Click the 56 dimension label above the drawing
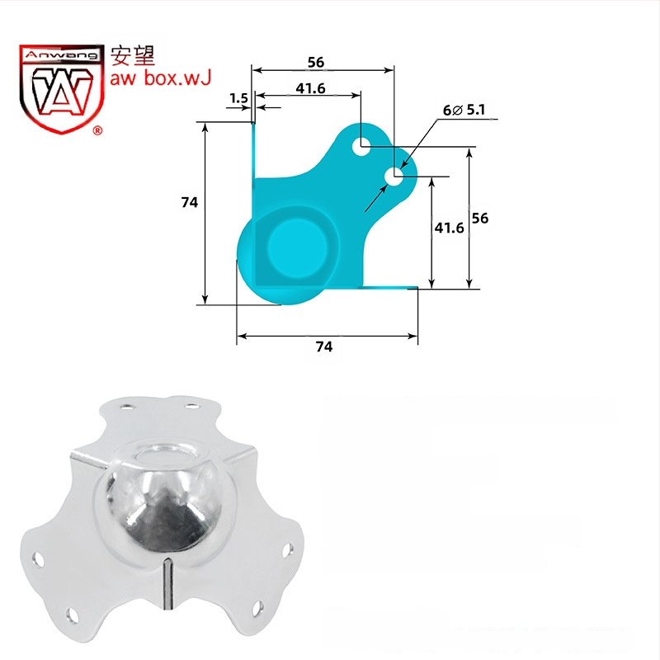point(316,63)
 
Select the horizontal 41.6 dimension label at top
point(311,88)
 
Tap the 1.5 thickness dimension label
point(239,98)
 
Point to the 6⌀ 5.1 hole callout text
point(464,110)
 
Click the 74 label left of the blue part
point(190,202)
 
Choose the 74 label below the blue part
point(324,346)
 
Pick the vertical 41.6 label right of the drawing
point(449,228)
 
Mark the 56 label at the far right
point(480,218)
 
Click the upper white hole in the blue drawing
point(361,147)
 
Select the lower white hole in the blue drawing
point(394,177)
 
